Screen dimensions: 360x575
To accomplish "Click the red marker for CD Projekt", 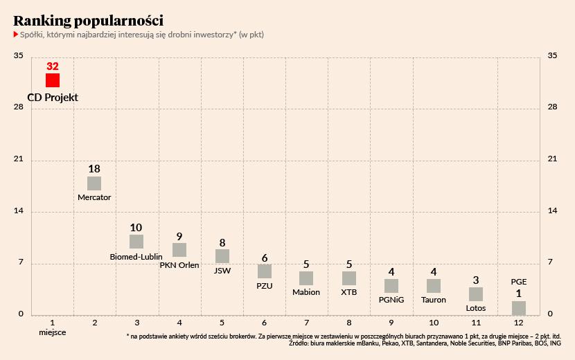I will pos(53,80).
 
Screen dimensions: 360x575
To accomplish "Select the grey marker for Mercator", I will pos(94,183).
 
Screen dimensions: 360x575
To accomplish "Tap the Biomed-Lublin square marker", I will pos(136,242).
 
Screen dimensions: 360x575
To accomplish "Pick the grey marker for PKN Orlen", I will pos(179,250).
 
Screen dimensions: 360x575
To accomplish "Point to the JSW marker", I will pos(222,257).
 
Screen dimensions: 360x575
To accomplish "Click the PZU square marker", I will pos(265,271).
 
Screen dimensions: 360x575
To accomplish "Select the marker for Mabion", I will pos(306,278).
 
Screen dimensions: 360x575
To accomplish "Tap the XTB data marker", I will pos(349,278).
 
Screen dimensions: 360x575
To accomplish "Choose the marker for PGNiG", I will pos(391,286).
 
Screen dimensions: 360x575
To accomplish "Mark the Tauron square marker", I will pos(434,286).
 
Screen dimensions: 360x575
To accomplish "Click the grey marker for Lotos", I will pos(476,294).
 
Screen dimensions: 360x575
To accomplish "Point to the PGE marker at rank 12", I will pos(519,308).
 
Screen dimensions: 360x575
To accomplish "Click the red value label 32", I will pos(53,66).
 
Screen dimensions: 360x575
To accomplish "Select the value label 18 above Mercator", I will pos(94,169).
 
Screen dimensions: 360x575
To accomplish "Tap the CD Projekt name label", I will pos(53,98).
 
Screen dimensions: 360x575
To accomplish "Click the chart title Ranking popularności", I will pos(89,20).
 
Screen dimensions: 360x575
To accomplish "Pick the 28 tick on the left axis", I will pos(19,107).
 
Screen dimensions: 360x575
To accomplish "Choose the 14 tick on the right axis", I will pos(553,210).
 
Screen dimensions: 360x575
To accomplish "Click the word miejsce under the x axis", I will pos(53,333).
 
